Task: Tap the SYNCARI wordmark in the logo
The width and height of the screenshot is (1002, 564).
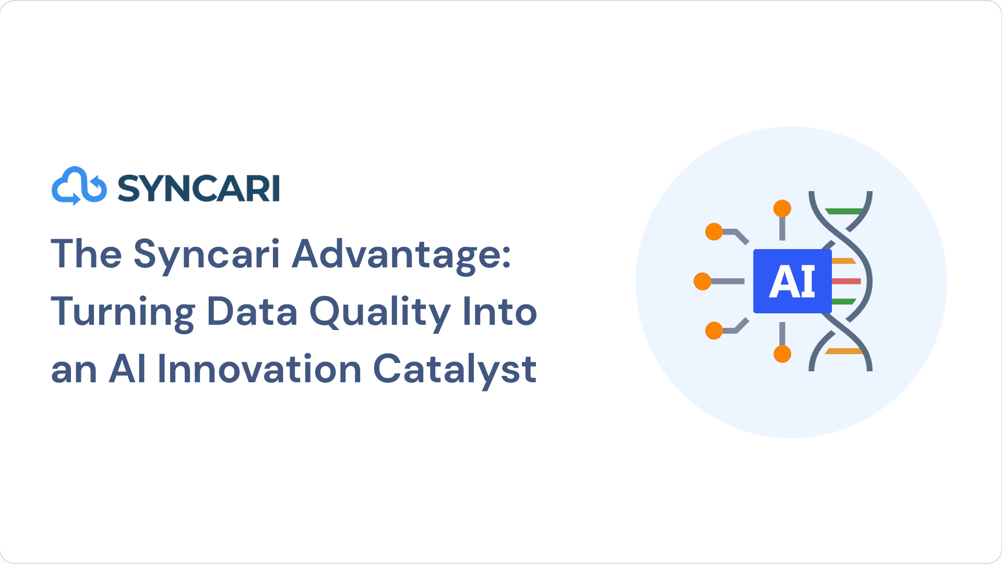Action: point(199,188)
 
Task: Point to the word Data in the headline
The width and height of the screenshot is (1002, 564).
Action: point(252,312)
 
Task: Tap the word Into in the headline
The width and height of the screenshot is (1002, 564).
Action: point(500,312)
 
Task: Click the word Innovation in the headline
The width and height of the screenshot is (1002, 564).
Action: point(259,369)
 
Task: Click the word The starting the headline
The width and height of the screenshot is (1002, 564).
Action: point(87,254)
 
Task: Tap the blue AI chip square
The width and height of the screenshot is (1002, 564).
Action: point(792,281)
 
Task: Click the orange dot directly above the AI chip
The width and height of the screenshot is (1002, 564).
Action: point(782,208)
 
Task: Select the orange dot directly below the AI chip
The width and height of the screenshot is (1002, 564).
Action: point(782,354)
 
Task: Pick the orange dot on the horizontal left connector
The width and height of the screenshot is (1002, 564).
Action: point(702,281)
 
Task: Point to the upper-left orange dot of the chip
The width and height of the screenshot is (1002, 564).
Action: point(714,231)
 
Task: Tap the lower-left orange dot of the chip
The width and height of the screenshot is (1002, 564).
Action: point(714,331)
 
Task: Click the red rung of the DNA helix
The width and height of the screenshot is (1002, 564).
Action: point(846,281)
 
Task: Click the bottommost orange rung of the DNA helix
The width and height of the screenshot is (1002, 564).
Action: point(844,351)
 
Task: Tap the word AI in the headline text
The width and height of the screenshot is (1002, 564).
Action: point(127,369)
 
